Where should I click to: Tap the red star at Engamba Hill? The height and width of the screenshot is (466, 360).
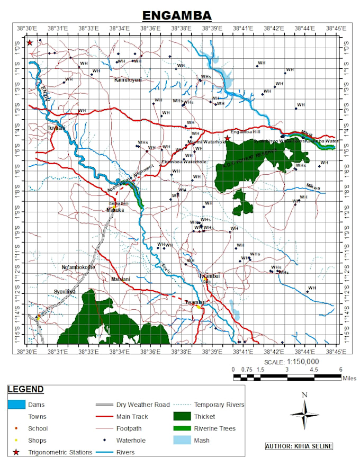[227, 138]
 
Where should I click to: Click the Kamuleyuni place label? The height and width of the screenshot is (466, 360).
[128, 80]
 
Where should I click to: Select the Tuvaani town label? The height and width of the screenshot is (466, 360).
[57, 128]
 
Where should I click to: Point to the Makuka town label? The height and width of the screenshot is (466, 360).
[115, 210]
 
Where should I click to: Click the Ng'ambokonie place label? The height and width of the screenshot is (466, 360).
[78, 267]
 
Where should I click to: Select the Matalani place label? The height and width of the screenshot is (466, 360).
[121, 279]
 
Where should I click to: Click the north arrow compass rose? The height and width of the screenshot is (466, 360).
[304, 413]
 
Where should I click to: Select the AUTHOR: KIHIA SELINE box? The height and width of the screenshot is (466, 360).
[299, 446]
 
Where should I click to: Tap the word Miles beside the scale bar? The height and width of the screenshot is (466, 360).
[349, 378]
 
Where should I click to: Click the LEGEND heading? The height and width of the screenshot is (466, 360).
[25, 389]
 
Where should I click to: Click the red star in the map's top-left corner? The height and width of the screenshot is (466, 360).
[30, 42]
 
